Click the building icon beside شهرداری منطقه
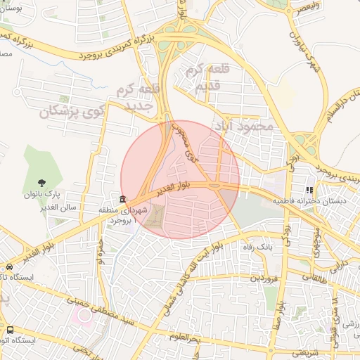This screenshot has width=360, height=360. point(123,199)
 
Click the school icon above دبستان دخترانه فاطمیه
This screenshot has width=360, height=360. point(309,189)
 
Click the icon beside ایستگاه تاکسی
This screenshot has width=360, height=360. point(9,267)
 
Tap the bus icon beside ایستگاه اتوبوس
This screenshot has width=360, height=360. point(9,329)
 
